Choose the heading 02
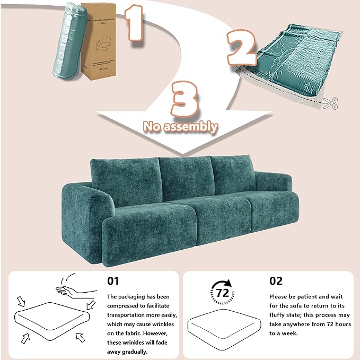[x=276, y=280]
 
